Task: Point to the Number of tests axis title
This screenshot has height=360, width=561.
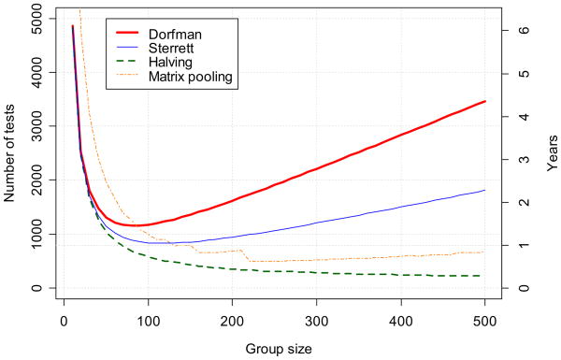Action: [10, 154]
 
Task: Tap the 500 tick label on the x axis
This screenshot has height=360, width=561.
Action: [485, 321]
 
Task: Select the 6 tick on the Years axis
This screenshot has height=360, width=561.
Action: [525, 30]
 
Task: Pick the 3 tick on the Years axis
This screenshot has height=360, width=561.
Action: [525, 159]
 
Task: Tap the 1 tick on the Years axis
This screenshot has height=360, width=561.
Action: [525, 245]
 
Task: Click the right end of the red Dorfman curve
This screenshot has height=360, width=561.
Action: [485, 101]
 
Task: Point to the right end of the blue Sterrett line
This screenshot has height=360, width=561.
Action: [485, 190]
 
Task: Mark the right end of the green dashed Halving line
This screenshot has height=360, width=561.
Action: [485, 276]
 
